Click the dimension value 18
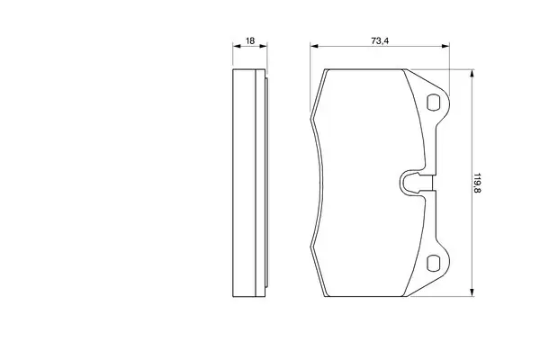[250, 40]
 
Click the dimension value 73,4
[380, 40]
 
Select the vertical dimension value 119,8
[477, 183]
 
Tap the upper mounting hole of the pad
[433, 103]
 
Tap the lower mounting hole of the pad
[433, 263]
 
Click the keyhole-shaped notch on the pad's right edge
[416, 183]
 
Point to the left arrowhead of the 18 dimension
[236, 46]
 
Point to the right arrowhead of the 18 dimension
[264, 46]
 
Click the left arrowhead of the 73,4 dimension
[314, 46]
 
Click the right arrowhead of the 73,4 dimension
[445, 46]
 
